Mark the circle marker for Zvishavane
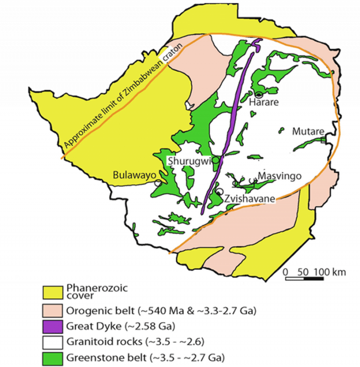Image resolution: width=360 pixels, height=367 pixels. pos(219,191)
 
